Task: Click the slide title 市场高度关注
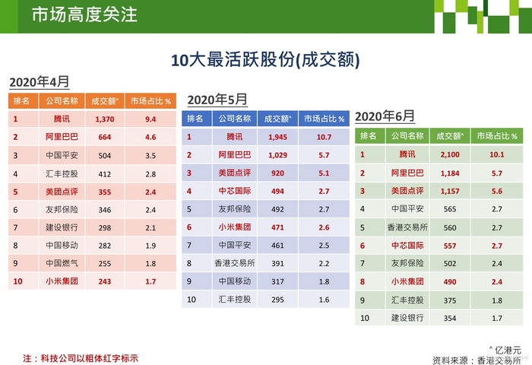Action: [84, 15]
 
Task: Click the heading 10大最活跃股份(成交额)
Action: [265, 60]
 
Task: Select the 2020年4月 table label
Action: [40, 82]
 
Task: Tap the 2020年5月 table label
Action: [217, 100]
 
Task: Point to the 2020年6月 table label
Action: [385, 116]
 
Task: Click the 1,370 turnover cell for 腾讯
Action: [105, 119]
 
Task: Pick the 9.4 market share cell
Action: [150, 119]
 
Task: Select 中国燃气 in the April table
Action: [62, 263]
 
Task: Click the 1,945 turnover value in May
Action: [277, 137]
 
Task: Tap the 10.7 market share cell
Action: [324, 137]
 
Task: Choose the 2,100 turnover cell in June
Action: [450, 155]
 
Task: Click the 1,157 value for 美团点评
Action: [450, 191]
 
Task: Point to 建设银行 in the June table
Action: [407, 318]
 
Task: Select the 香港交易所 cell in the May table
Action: [234, 263]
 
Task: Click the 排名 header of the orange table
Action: [21, 101]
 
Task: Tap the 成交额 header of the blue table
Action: [277, 119]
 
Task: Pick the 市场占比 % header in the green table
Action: [497, 136]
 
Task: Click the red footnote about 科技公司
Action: [81, 358]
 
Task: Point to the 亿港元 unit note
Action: [505, 350]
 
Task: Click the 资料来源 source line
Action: [477, 360]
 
